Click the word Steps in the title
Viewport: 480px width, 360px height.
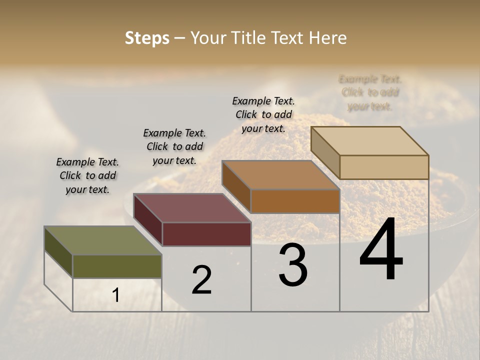147,38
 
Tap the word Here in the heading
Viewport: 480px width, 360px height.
327,38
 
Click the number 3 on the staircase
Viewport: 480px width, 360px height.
293,265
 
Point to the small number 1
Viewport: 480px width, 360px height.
115,295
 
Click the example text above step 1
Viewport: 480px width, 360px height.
87,175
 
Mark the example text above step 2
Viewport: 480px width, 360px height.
174,146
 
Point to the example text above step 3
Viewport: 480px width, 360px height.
263,114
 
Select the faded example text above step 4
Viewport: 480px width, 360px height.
370,92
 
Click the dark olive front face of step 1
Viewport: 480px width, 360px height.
117,266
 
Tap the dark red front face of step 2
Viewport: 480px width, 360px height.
206,234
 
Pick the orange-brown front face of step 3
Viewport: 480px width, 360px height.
295,201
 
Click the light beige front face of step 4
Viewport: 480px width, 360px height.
384,167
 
